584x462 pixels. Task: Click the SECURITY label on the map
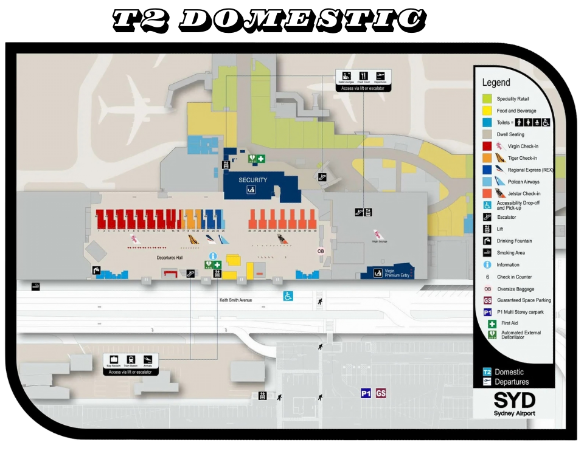(252, 180)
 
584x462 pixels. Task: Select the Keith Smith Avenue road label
(235, 300)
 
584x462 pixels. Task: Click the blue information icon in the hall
(212, 257)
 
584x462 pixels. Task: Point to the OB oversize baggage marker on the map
(321, 251)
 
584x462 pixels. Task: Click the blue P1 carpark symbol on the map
(366, 393)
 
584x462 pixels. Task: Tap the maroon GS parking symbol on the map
(381, 393)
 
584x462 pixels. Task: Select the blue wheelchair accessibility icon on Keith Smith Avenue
(288, 296)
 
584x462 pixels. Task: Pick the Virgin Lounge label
(379, 241)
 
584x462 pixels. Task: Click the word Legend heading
(496, 83)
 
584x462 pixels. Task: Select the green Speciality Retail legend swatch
(487, 98)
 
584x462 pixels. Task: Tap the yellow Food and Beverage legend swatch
(487, 111)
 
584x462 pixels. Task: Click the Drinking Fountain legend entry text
(514, 241)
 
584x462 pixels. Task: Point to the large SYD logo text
(514, 400)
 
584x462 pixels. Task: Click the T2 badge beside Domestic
(487, 372)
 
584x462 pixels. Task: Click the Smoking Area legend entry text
(511, 252)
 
